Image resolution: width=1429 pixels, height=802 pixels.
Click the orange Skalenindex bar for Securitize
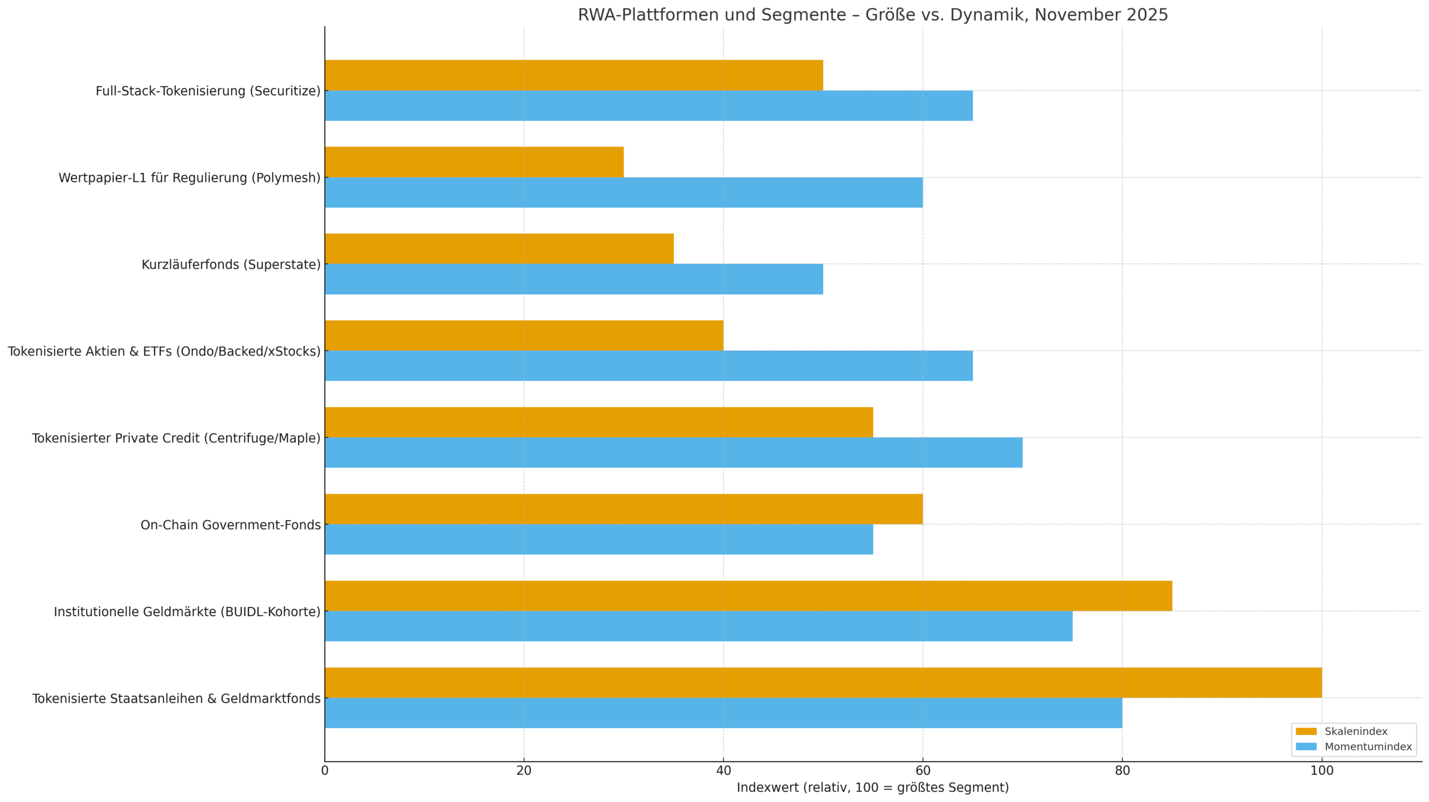tap(574, 75)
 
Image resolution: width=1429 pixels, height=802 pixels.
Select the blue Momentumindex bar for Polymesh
tap(624, 192)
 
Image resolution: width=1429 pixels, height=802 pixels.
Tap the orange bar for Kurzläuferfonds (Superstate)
tap(499, 249)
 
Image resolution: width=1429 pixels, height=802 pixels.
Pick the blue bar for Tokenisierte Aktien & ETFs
tap(649, 366)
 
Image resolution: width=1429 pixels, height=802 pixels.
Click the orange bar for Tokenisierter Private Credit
tap(599, 422)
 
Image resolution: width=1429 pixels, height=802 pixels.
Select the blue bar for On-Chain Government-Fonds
tap(599, 540)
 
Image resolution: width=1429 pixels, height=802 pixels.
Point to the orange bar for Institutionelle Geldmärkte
tap(749, 596)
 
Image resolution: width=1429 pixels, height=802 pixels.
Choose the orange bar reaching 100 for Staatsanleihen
tap(823, 682)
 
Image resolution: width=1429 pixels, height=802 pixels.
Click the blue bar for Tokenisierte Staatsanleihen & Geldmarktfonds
tap(723, 713)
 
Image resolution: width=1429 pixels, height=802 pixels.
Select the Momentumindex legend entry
tap(1354, 747)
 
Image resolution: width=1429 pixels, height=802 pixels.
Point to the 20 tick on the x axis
tap(524, 771)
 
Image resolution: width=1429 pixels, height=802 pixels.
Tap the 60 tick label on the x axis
tap(923, 771)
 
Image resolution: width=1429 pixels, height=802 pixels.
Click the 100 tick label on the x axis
tap(1322, 771)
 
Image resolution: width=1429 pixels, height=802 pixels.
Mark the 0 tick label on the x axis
tap(325, 771)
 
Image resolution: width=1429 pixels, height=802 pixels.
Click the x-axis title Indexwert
tap(873, 787)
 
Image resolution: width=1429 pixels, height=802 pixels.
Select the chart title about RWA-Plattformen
tap(873, 15)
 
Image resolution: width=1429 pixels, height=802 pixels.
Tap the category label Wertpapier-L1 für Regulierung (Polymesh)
tap(190, 178)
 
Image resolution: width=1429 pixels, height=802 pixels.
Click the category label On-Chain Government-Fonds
tap(231, 525)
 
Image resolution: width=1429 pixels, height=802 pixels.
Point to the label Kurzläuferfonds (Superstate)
tap(231, 264)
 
